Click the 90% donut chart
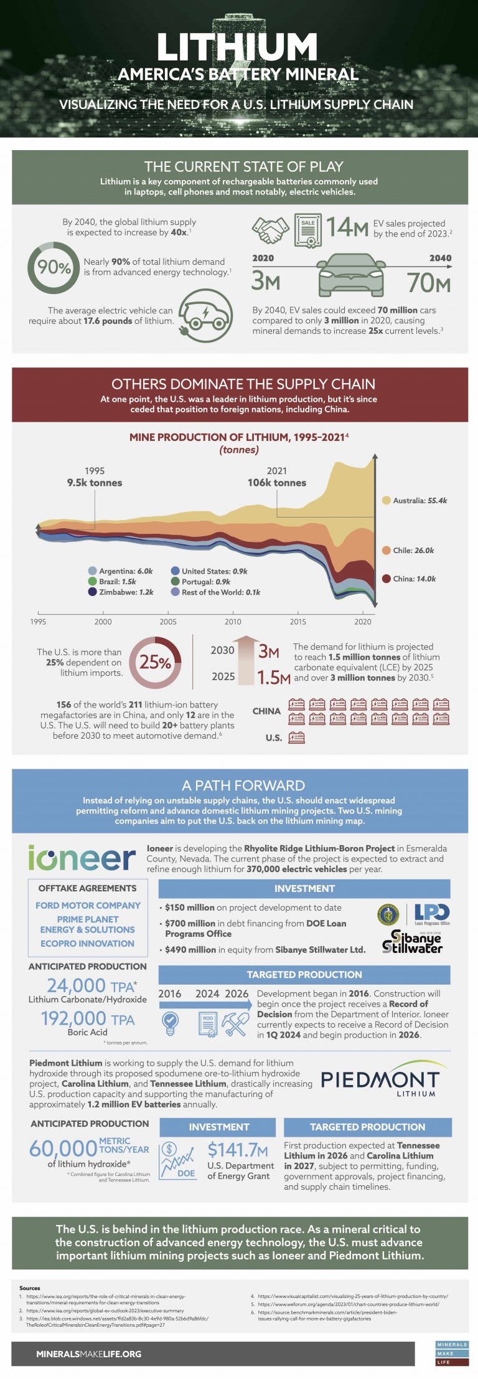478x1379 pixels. tap(54, 268)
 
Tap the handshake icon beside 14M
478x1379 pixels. tap(270, 230)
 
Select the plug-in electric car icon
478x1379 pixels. tap(205, 316)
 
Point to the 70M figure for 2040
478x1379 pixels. tap(428, 283)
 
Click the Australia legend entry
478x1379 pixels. tap(414, 500)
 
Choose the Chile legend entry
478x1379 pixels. tap(408, 550)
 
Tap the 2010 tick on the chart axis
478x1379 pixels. tap(233, 621)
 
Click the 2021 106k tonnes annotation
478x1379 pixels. tap(277, 477)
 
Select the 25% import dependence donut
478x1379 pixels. tap(155, 662)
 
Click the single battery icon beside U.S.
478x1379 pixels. tap(297, 738)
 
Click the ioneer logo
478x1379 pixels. tap(82, 858)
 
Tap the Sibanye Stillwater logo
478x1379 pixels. tap(413, 942)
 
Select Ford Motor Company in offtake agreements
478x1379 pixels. tap(88, 905)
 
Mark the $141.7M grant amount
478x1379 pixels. tap(238, 1149)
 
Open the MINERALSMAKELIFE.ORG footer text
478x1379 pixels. tap(88, 1354)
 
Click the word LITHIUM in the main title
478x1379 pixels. tap(238, 47)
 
